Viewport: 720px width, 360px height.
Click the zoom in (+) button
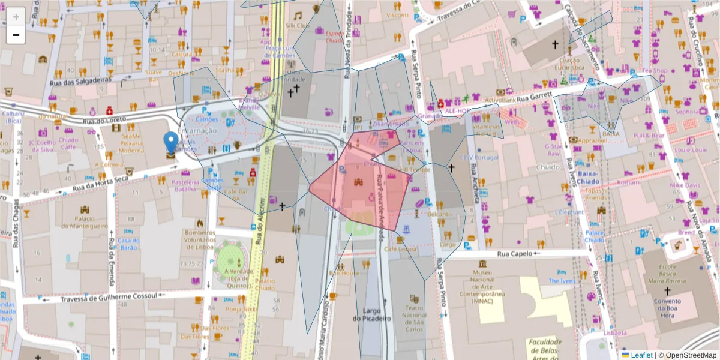click(16, 16)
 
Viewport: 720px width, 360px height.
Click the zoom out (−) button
click(16, 35)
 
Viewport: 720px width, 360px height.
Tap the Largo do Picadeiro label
click(377, 314)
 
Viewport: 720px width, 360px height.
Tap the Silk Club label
click(297, 26)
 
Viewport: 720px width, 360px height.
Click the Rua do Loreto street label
click(98, 121)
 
